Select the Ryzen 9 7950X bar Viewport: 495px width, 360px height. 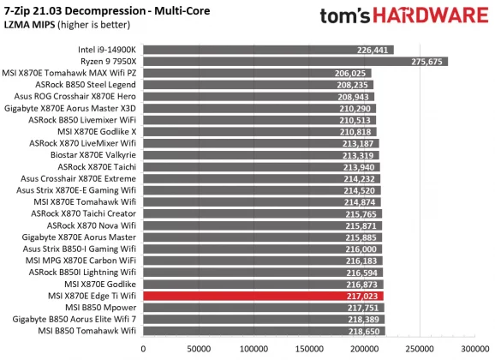click(295, 62)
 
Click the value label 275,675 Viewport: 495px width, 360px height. click(428, 62)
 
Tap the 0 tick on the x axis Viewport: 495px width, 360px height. click(143, 349)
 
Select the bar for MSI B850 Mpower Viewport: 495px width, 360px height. click(264, 307)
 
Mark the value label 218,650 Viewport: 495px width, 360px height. click(364, 330)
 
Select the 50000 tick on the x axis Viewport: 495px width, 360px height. click(199, 349)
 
